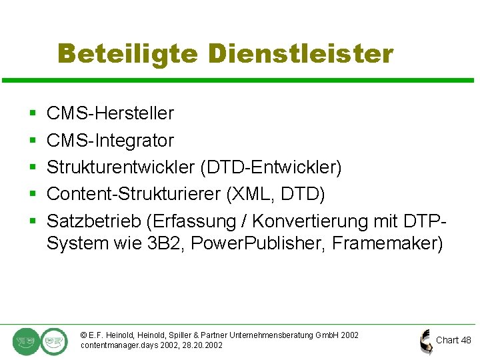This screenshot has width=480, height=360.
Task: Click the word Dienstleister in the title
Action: tap(301, 53)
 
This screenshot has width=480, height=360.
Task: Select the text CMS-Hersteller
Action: tap(110, 113)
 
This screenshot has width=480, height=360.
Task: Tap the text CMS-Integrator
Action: tap(110, 141)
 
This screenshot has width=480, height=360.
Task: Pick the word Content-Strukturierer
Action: tap(134, 194)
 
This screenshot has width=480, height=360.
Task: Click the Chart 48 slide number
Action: tap(453, 340)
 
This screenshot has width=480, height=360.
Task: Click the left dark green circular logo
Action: tap(26, 341)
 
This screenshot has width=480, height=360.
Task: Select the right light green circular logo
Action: tap(53, 341)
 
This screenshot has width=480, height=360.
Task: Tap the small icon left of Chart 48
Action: tap(425, 341)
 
